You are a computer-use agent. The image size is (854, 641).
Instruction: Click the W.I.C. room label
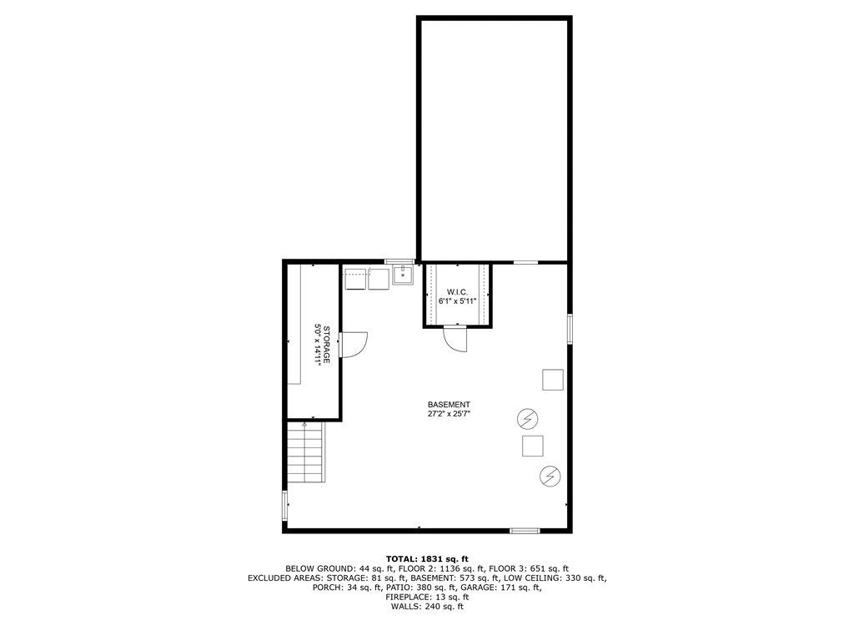[456, 292]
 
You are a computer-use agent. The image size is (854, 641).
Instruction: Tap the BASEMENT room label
[449, 404]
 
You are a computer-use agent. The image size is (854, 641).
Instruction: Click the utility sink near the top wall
[403, 275]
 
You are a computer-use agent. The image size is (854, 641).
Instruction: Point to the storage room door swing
[354, 344]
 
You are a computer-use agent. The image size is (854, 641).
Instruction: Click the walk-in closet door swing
[457, 338]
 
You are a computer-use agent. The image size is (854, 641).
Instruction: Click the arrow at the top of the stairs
[305, 426]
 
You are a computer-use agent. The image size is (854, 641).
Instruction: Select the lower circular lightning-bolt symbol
[550, 476]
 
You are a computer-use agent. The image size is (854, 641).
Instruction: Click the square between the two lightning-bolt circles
[532, 446]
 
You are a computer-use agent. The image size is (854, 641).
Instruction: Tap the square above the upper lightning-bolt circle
[553, 380]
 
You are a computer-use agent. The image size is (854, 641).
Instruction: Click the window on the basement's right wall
[570, 328]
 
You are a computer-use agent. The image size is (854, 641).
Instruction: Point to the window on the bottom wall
[525, 530]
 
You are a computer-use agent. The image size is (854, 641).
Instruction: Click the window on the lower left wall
[284, 506]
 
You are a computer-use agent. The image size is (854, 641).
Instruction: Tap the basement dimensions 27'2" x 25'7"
[449, 413]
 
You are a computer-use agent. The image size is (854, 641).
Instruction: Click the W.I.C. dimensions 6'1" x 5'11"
[456, 301]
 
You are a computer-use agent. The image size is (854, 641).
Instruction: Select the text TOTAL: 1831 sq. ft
[427, 558]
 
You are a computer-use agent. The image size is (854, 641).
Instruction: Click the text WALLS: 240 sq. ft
[427, 607]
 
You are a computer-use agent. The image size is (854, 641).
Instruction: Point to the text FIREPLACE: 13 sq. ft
[427, 597]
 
